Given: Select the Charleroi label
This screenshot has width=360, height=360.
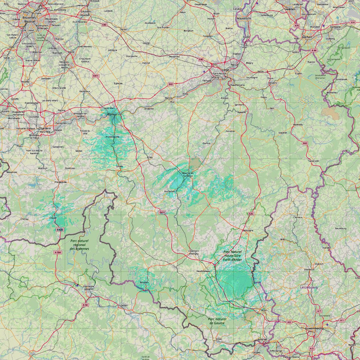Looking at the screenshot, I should pos(45,128).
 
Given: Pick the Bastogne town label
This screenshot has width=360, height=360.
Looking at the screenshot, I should pos(248,230).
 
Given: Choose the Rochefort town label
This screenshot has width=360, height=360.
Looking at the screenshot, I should pos(169,191).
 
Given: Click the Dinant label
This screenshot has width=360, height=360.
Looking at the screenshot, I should pos(119,166).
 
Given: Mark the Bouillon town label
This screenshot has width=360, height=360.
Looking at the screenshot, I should pos(144,282).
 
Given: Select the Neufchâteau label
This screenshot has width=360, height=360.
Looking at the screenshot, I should pos(203,271).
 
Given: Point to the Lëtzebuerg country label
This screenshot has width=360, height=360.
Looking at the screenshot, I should pos(309,287).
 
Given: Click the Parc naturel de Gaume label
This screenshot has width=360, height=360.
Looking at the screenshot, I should pos(217,321).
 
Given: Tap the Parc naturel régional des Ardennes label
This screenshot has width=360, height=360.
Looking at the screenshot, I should pos(80,245).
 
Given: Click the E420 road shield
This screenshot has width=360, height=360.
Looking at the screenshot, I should pos(60,230).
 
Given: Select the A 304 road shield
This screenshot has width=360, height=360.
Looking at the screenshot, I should pos(57,252).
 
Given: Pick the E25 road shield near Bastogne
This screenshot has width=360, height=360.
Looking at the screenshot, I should pos(251,213).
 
